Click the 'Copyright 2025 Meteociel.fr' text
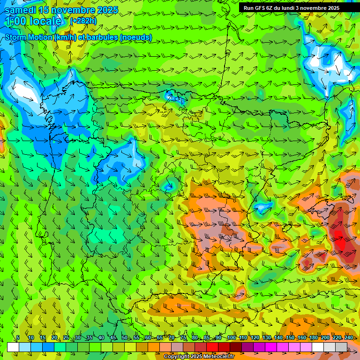click(x=193, y=357)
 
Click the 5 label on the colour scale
click(x=18, y=338)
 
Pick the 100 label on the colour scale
click(x=231, y=338)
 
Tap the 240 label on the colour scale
click(x=348, y=338)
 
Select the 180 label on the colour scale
click(x=313, y=338)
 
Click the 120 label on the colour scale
click(x=255, y=338)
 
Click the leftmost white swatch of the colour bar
click(x=13, y=347)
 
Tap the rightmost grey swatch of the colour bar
click(x=341, y=347)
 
